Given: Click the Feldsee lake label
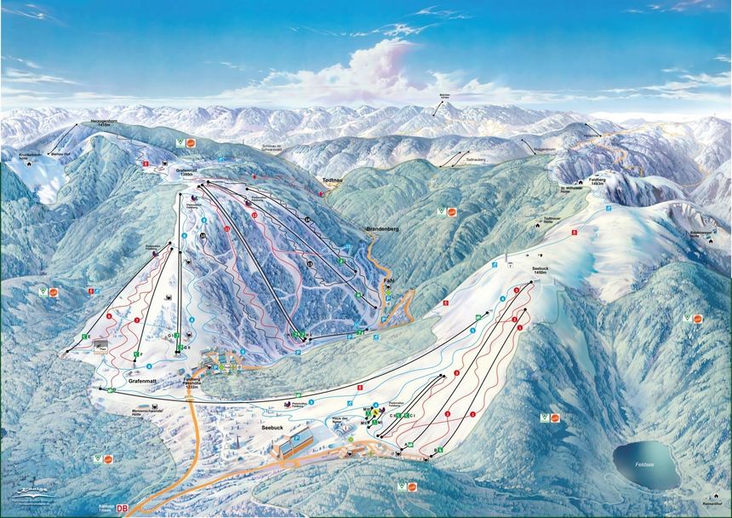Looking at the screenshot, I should pos(646,461).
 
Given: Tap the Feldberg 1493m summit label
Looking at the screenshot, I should pos(598,181).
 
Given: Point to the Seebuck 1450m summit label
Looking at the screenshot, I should pos(542,269).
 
